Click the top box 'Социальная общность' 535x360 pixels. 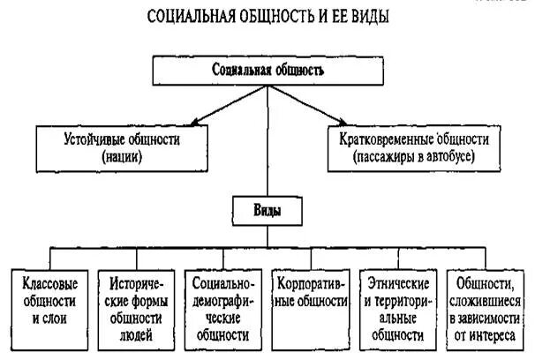[x=268, y=70]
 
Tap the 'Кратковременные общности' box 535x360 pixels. [x=413, y=146]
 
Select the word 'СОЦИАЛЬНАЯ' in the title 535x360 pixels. [x=183, y=17]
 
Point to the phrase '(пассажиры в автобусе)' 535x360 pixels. [x=413, y=156]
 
